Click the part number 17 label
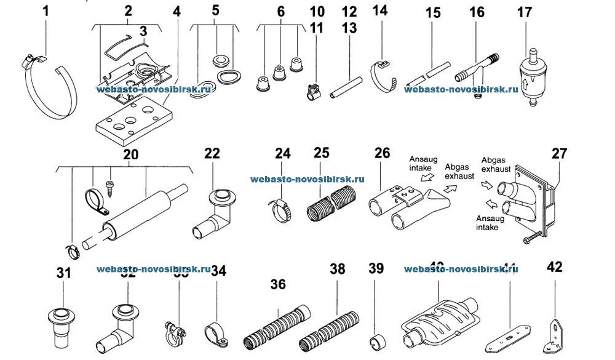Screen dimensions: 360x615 pos(525,12)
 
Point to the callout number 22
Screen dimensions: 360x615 pos(213,154)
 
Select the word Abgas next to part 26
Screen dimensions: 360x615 pos(456,166)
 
